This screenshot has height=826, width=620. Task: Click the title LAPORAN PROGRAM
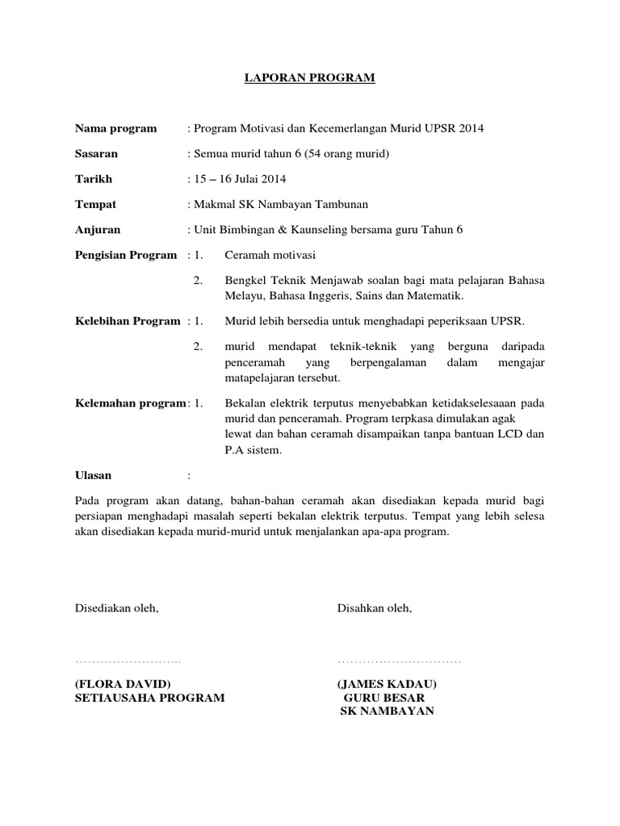(x=311, y=78)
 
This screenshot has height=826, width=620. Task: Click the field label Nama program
(x=115, y=128)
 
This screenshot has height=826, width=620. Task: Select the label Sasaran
(x=96, y=153)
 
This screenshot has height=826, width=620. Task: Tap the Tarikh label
(x=94, y=178)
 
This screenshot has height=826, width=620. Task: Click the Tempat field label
(x=95, y=204)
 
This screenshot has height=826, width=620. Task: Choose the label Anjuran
(x=98, y=229)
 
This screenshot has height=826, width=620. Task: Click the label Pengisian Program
(x=125, y=255)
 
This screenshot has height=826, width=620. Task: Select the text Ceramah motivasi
(x=270, y=255)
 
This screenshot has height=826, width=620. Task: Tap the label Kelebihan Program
(x=127, y=321)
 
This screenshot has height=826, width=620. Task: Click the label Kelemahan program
(x=129, y=403)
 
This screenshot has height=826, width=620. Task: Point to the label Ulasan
(x=94, y=475)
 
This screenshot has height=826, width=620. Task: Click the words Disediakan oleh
(x=117, y=608)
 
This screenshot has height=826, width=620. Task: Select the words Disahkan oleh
(x=375, y=608)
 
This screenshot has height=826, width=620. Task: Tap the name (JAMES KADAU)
(x=388, y=683)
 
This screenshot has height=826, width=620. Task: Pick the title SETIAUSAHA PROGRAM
(x=150, y=697)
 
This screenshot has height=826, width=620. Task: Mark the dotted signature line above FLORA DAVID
(x=128, y=661)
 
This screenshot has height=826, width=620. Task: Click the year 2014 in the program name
(x=471, y=128)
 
